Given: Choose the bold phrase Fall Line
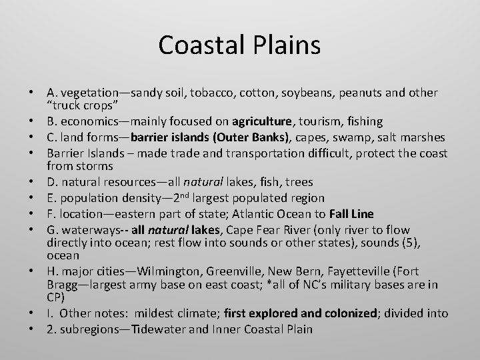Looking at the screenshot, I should pos(346,213).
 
